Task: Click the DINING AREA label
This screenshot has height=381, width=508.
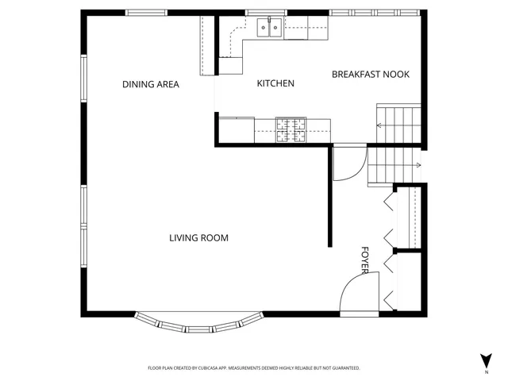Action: point(150,84)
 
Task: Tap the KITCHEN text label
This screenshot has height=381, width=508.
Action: point(275,83)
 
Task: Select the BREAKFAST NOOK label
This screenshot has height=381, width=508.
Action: point(370,75)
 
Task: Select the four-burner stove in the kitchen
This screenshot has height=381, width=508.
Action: point(291,129)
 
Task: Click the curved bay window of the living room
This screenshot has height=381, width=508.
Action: point(198,324)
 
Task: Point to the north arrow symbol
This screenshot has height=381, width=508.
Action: point(485,358)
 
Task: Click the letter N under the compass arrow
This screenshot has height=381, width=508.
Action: point(485,371)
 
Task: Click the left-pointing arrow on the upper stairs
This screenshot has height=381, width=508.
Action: point(381,125)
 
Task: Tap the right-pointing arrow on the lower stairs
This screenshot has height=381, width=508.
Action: point(417,165)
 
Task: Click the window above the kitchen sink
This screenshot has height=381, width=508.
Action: point(265,12)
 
